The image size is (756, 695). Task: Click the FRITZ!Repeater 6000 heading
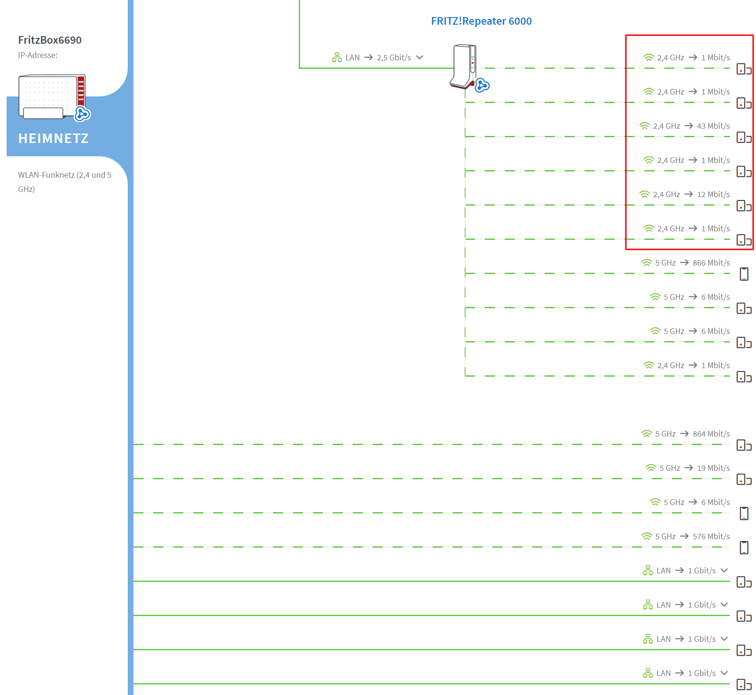point(481,21)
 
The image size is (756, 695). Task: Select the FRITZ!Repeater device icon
point(464,67)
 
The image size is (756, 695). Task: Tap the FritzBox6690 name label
point(50,40)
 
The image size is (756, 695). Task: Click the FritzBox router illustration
point(52,96)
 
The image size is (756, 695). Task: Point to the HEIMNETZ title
point(53,138)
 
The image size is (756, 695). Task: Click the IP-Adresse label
point(38,55)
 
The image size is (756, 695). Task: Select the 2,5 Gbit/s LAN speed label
point(394,57)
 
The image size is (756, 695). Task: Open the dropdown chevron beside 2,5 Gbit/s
point(419,57)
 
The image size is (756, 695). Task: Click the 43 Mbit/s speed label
point(713,126)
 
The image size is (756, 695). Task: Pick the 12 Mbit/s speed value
point(713,194)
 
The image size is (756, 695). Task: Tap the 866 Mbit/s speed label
point(711,263)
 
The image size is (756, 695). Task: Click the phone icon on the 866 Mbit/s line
point(744,274)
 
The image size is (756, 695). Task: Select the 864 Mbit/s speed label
point(711,434)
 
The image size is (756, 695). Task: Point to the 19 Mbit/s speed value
point(713,468)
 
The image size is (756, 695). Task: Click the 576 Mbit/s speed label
point(711,536)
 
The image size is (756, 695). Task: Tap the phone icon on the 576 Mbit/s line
point(744,548)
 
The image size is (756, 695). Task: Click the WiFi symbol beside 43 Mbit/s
point(644,126)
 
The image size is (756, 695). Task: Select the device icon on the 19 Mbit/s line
point(744,479)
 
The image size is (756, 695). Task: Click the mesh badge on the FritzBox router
point(83,114)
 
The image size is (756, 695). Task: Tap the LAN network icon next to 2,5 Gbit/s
point(337,57)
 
